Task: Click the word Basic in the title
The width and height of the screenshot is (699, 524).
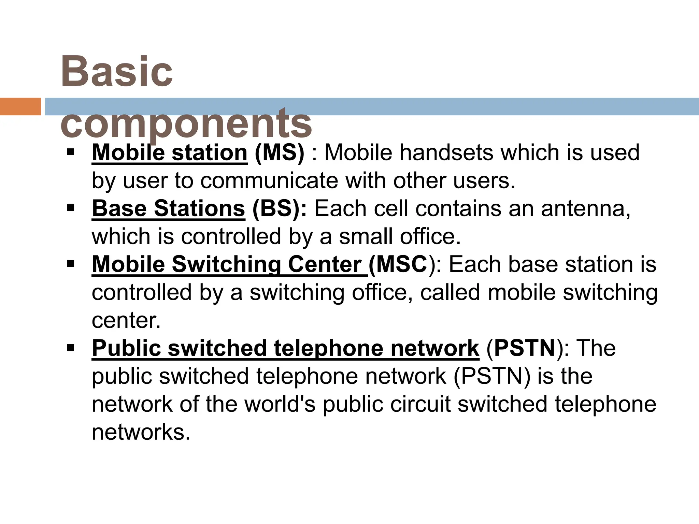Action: coord(117,72)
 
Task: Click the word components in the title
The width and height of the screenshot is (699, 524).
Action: coord(186,123)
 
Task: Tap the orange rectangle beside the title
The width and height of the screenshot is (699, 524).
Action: coord(20,106)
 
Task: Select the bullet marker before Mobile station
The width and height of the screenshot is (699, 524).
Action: coord(71,152)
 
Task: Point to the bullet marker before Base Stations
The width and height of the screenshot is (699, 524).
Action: coord(71,208)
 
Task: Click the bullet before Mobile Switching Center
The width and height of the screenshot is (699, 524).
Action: coord(71,264)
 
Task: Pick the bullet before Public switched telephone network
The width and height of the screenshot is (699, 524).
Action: coord(71,348)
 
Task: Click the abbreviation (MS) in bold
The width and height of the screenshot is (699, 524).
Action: coord(279,152)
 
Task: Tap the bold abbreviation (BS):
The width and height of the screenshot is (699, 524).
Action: coord(279,208)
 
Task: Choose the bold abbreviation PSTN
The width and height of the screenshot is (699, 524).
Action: coord(525,348)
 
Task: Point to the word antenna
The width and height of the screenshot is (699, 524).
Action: coord(585,208)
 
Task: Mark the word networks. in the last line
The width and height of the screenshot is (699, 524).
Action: coord(141,432)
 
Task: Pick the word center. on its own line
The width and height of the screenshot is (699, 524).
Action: coord(126,320)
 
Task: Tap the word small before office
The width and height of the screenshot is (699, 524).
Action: coord(366,236)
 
